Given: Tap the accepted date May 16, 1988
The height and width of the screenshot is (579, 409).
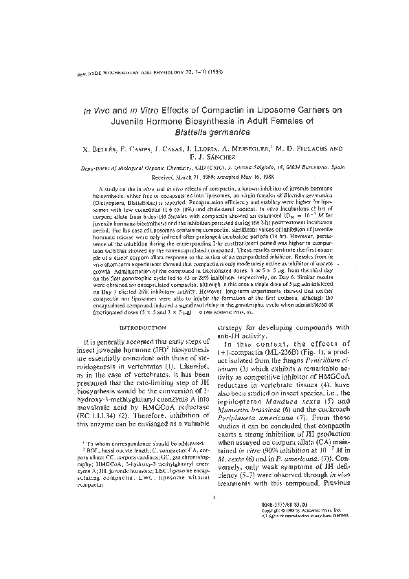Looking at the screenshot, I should tap(247, 176).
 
